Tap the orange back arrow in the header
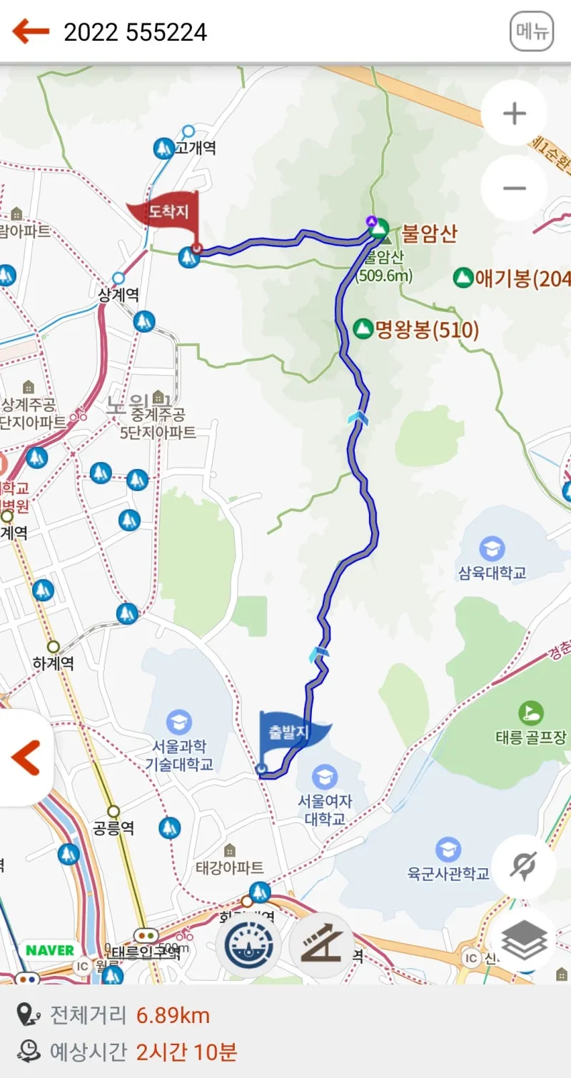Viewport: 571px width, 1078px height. point(31,31)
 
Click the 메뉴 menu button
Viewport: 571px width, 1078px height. point(532,32)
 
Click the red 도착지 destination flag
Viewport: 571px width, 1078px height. point(163,211)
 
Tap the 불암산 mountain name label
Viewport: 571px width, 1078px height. point(429,233)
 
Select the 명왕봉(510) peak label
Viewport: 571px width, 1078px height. point(427,329)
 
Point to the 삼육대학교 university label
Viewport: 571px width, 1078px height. point(492,572)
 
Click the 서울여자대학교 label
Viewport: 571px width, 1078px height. point(325,810)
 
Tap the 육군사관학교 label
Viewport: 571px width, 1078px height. point(448,872)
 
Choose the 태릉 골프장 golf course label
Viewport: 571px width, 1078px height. point(531,737)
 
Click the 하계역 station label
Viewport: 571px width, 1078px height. point(54,663)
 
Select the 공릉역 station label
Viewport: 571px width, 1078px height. point(113,828)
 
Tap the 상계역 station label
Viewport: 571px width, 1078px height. point(118,294)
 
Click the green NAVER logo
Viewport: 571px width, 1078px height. point(50,950)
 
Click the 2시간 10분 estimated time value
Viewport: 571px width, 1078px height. point(186,1052)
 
